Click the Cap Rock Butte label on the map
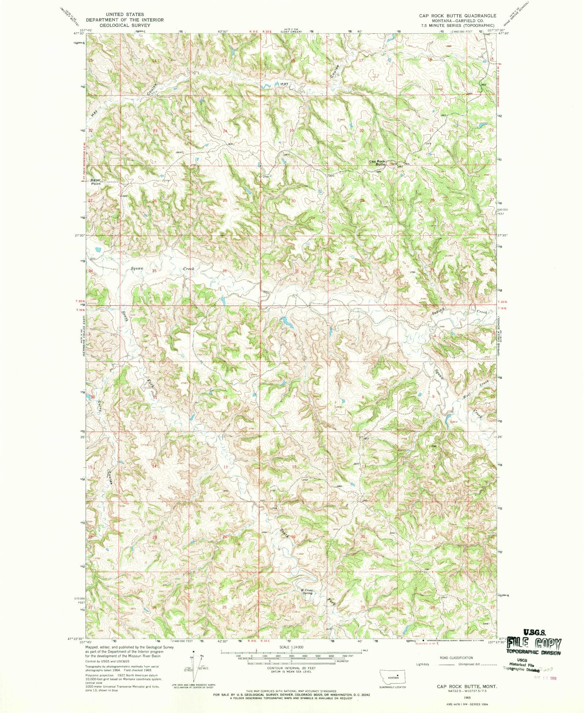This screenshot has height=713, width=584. pos(377,163)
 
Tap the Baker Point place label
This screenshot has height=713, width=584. pos(96,181)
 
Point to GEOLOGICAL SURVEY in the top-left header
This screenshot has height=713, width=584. pos(124,25)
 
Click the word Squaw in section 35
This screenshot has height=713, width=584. pos(137,268)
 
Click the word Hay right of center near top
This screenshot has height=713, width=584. pos(284,84)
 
